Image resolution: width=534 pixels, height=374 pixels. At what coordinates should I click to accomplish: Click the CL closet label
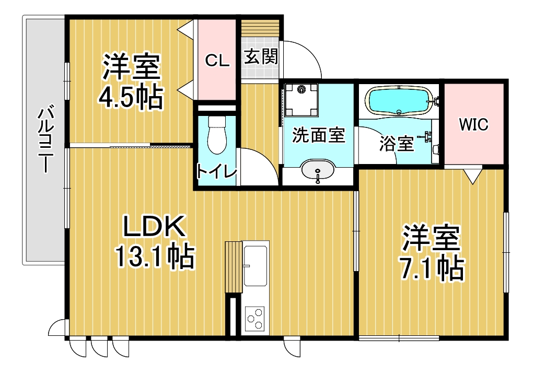pos(217,61)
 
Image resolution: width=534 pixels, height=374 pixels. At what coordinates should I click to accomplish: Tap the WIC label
pos(474,124)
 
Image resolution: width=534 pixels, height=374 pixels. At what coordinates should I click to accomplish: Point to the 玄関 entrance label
pos(261,56)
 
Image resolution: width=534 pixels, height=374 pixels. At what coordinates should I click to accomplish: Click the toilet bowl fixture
pos(217,135)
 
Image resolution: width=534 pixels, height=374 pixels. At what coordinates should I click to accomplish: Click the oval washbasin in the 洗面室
pos(318,169)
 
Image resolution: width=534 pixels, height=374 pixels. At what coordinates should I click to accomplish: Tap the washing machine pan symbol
pos(301,100)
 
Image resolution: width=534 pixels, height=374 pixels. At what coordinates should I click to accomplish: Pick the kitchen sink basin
pos(255,265)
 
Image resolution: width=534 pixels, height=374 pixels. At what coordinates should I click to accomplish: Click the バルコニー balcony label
pos(46,140)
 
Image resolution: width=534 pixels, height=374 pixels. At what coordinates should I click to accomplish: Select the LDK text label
pos(154,226)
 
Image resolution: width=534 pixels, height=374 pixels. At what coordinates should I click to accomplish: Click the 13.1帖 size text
pos(155,256)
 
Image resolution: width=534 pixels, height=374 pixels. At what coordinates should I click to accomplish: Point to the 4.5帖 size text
pos(131,97)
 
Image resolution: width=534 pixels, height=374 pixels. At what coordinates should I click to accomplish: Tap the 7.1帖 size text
pos(432,268)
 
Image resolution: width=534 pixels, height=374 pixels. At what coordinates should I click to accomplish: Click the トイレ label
pos(217,172)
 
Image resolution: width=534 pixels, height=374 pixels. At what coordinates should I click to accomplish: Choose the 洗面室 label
pos(319,135)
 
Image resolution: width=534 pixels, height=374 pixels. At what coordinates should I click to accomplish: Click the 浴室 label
pos(397,144)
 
